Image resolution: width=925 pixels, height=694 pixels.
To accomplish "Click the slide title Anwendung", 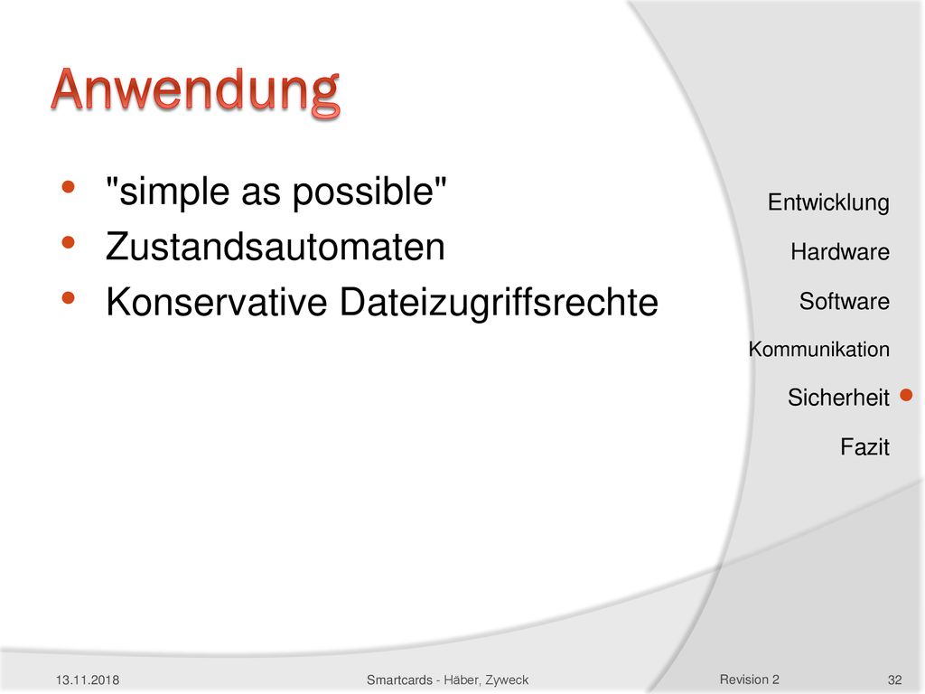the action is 195,91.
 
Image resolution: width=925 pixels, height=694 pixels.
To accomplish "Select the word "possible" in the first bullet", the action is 363,192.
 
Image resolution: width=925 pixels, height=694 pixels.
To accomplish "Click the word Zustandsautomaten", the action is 275,247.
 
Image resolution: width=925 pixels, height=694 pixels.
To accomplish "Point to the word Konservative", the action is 217,302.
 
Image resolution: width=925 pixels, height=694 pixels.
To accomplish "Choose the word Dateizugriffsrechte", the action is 499,303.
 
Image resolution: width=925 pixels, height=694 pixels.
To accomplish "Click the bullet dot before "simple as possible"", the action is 69,188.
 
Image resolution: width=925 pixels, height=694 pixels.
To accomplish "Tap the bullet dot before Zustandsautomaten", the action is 69,242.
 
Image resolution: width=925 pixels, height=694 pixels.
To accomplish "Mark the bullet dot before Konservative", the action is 69,298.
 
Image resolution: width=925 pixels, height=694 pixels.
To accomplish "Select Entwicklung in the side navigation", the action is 828,203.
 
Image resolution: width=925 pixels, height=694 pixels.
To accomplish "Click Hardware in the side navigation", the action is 840,252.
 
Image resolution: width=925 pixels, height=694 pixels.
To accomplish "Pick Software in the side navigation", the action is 845,302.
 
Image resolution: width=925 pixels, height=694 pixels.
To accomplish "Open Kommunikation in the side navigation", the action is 818,350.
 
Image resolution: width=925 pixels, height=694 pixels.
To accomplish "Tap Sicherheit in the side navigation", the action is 838,398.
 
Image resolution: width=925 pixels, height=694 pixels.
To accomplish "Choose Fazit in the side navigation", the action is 864,446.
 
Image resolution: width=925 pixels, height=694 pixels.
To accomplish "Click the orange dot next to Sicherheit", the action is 907,395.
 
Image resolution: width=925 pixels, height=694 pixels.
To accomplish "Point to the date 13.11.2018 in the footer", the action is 88,680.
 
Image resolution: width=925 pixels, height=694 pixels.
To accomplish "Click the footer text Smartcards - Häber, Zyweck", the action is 448,680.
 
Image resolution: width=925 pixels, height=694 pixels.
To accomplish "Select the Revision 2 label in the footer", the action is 749,680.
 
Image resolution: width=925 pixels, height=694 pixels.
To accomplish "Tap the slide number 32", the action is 895,680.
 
